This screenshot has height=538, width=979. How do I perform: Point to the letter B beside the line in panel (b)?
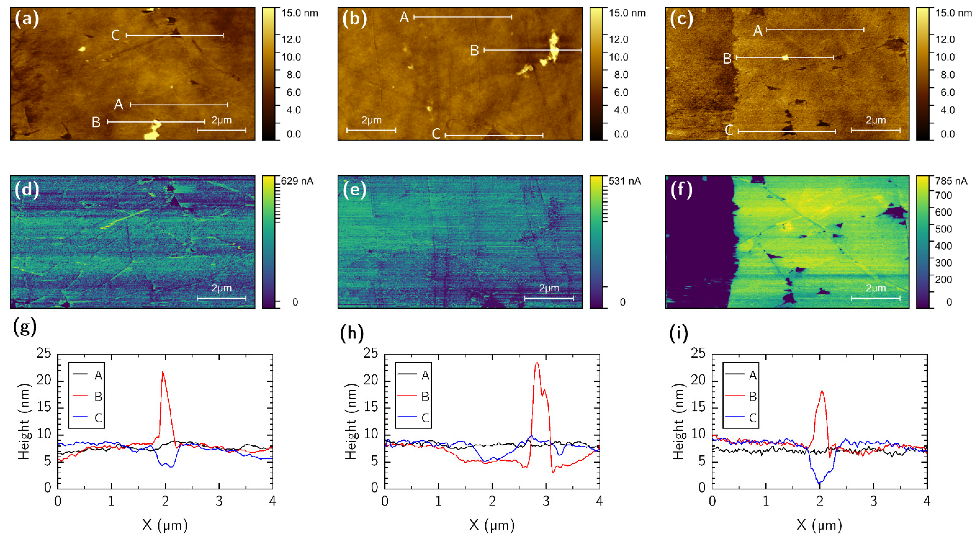[x=474, y=51]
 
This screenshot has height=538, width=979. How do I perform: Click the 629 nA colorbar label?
[x=297, y=181]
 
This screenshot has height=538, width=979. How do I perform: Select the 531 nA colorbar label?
[x=624, y=181]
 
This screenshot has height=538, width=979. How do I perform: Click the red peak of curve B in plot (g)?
[x=163, y=372]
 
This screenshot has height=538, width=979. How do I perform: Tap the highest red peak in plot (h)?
[x=537, y=363]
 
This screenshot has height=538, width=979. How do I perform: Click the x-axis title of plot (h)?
[x=492, y=525]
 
